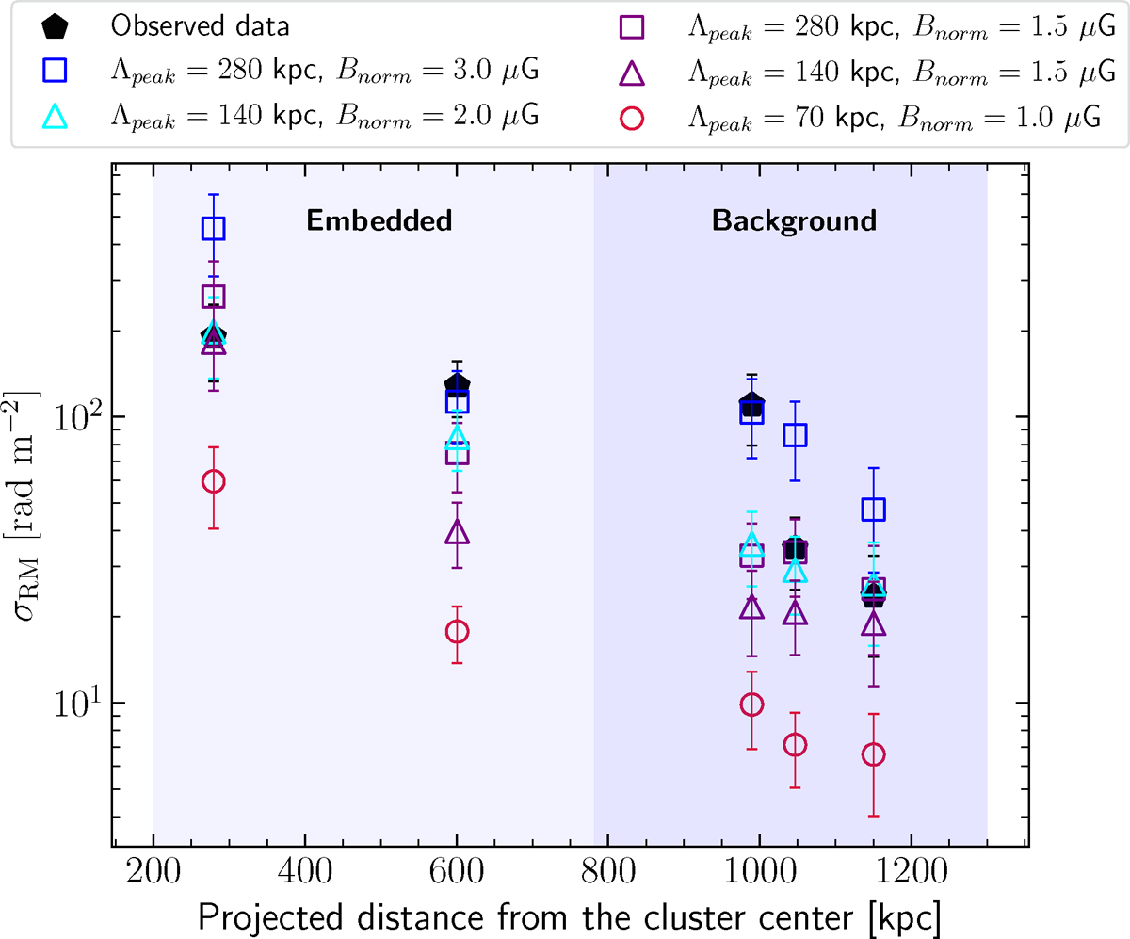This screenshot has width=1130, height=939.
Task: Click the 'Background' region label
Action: [x=794, y=221]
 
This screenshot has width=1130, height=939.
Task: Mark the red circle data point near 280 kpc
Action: [x=214, y=481]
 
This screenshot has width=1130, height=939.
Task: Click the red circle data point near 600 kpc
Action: [x=458, y=631]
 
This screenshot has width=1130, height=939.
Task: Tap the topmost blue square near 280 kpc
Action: [x=214, y=228]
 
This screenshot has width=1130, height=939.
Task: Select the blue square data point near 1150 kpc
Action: [x=874, y=510]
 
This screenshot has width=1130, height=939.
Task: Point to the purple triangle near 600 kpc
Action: [x=458, y=532]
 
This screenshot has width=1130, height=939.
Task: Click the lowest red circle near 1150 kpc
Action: [x=874, y=754]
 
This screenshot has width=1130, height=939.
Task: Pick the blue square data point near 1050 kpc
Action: [x=796, y=434]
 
